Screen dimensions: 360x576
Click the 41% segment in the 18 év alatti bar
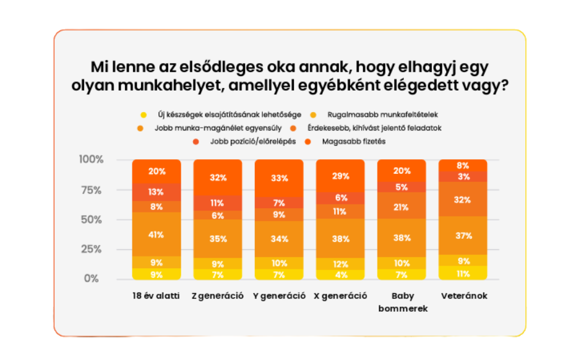click(x=156, y=234)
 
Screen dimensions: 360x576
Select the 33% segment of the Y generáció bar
click(x=279, y=178)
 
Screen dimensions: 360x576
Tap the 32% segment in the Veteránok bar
click(x=463, y=200)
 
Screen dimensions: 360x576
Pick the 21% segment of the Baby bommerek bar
click(x=402, y=207)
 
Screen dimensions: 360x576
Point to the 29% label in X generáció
click(x=341, y=176)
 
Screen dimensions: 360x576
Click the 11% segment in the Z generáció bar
click(x=218, y=203)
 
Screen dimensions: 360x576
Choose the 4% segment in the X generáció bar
click(x=341, y=274)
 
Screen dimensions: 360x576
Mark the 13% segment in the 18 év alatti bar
click(x=156, y=192)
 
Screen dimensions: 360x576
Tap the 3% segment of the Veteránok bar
click(x=463, y=177)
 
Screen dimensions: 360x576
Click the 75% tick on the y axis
click(x=91, y=190)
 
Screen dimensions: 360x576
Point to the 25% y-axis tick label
click(x=91, y=249)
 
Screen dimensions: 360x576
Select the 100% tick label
click(x=91, y=160)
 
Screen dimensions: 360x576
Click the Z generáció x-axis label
click(x=218, y=296)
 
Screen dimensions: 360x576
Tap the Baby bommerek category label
click(x=402, y=302)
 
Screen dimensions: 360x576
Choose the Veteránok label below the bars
click(x=463, y=296)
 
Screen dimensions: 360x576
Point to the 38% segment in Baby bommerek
click(x=402, y=238)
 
